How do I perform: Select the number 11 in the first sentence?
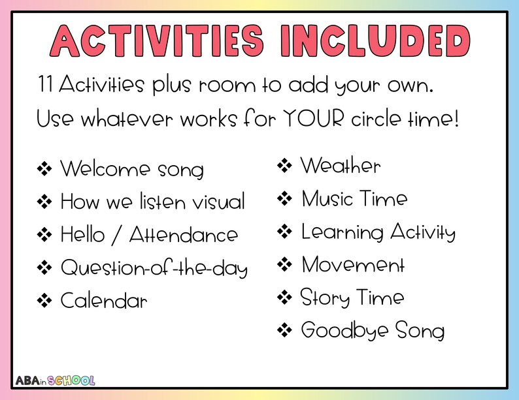46,85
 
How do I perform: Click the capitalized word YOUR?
314,120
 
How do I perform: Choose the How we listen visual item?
153,202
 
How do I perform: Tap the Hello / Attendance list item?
149,234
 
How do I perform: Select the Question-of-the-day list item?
154,268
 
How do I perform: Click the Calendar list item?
104,301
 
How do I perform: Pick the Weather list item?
340,166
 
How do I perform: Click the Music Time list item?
354,199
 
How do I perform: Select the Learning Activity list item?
378,232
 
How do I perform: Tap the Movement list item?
353,265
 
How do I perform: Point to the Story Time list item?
352,298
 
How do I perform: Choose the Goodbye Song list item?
373,331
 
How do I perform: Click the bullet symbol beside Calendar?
44,301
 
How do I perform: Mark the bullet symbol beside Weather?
284,166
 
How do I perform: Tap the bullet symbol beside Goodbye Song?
284,331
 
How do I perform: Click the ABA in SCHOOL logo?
55,380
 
